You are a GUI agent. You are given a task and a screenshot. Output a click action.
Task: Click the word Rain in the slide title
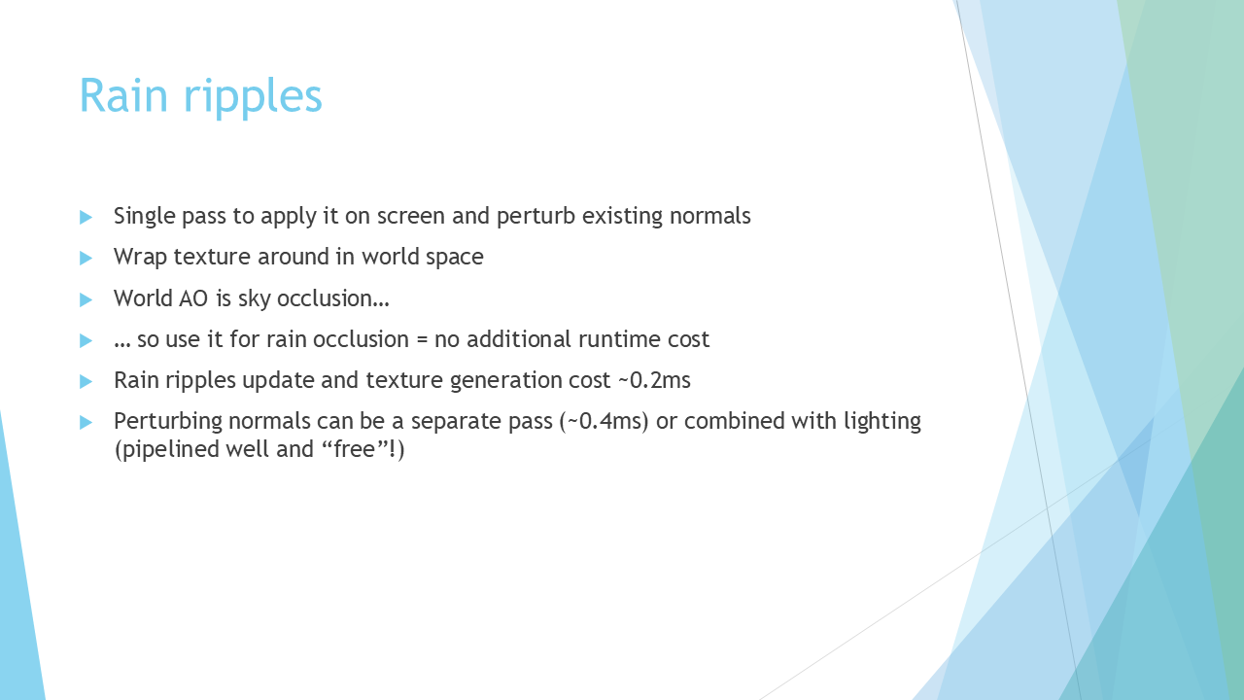[123, 95]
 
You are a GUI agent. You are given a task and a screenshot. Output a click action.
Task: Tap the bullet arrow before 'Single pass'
[86, 217]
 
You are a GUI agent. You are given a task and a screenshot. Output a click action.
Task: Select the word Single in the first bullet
[145, 217]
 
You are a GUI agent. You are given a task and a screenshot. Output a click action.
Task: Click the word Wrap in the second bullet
[140, 258]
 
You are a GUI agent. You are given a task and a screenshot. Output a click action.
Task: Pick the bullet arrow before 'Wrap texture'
[86, 259]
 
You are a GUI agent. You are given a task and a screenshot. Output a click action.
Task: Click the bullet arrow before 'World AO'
[86, 300]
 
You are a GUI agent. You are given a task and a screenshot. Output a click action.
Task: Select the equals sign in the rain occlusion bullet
[422, 340]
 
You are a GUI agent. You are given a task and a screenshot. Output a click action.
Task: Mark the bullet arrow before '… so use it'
[86, 340]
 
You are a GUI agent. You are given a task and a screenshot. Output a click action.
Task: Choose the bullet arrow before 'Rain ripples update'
[86, 382]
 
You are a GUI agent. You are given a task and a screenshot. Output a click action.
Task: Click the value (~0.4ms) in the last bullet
[605, 422]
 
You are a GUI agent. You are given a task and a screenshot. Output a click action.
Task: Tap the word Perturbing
[168, 422]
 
